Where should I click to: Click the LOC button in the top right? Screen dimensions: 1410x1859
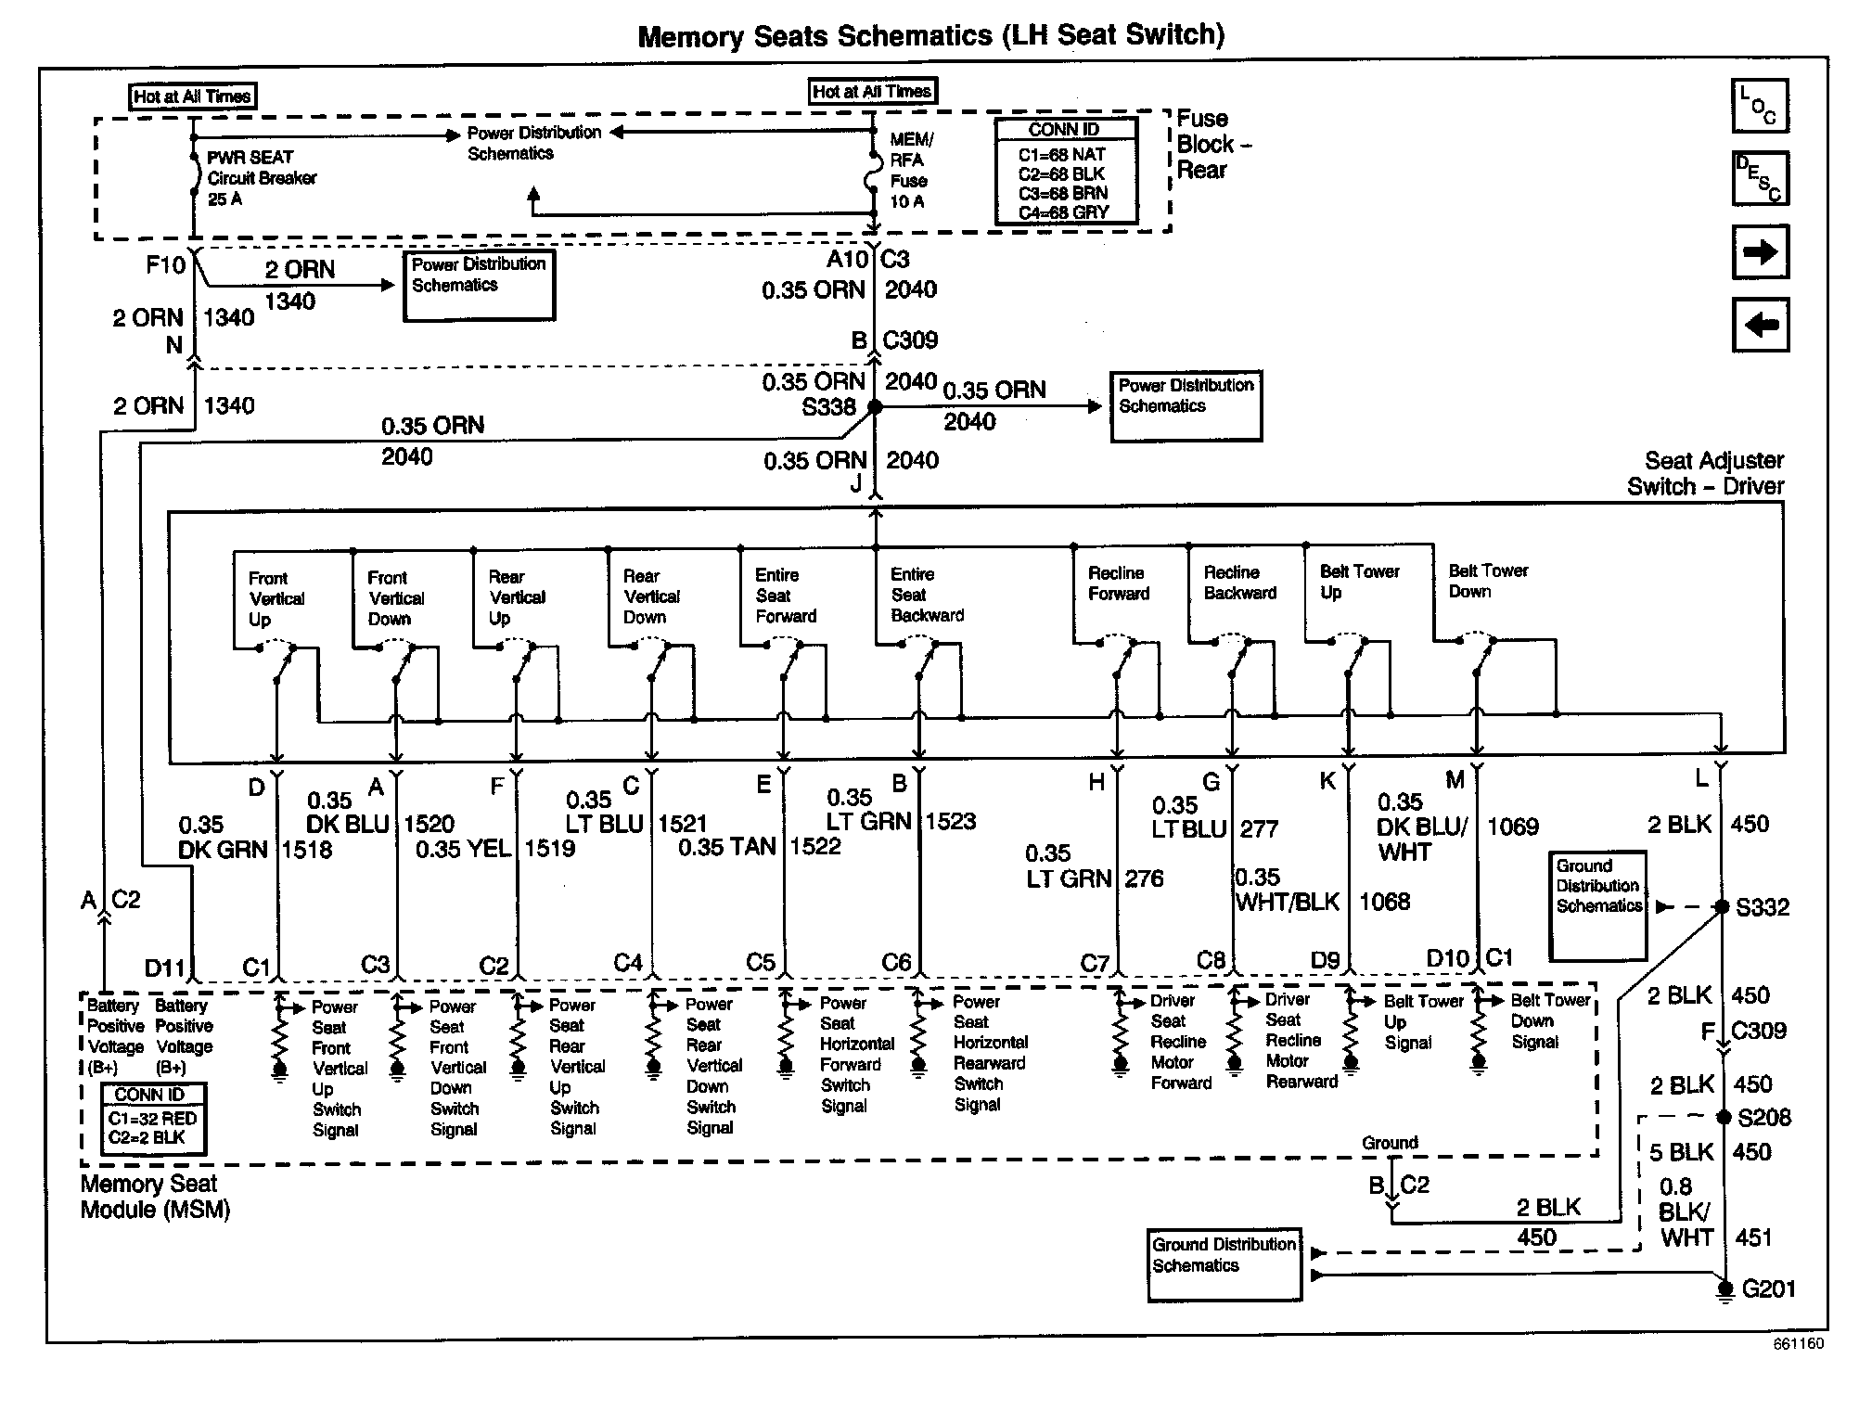click(1760, 106)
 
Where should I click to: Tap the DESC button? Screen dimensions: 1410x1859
click(1760, 178)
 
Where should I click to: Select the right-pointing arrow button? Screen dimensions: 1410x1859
click(1760, 251)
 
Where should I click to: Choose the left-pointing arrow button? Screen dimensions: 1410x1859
click(1760, 325)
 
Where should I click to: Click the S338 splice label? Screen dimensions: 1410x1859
click(828, 407)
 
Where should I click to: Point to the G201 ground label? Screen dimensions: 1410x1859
click(1768, 1288)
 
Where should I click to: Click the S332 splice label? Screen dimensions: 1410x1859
click(1762, 907)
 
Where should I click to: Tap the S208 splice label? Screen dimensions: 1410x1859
click(1763, 1117)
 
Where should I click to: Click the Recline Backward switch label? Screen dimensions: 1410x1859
click(1239, 583)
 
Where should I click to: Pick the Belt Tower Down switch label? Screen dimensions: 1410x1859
click(1488, 581)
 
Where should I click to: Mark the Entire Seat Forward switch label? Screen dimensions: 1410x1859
click(785, 596)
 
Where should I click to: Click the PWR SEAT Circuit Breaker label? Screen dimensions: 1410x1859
click(261, 178)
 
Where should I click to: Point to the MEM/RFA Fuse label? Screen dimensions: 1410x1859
click(911, 170)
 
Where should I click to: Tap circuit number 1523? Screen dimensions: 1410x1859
click(950, 821)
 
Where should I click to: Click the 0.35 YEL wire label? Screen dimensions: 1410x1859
click(462, 848)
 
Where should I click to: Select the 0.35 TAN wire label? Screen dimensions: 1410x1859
click(726, 846)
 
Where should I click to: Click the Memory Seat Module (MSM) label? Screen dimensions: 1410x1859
click(154, 1197)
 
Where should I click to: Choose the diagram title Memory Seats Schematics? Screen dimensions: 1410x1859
click(930, 35)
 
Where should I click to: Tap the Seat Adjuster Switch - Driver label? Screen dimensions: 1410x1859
click(1705, 473)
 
